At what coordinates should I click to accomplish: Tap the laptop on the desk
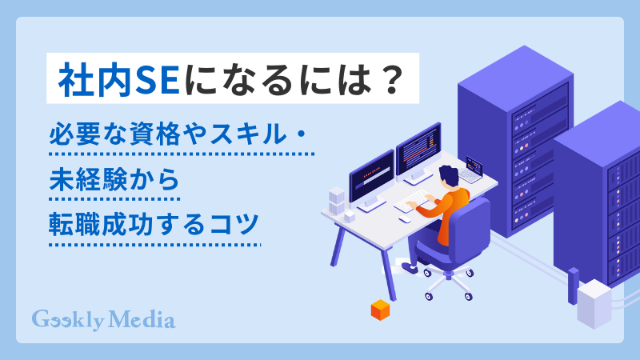click(471, 172)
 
